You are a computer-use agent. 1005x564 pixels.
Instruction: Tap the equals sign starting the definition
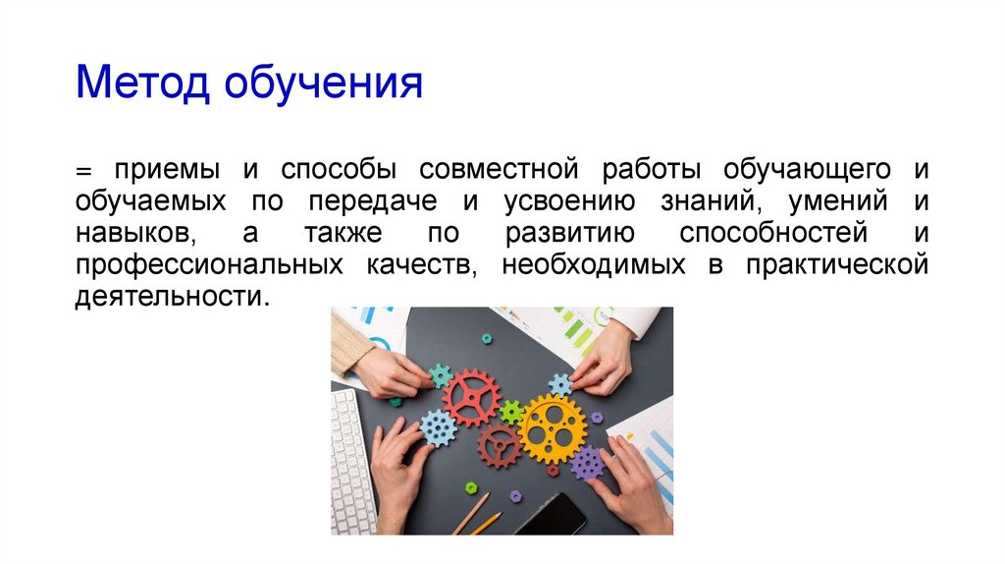point(82,170)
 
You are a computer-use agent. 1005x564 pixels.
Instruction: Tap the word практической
point(836,266)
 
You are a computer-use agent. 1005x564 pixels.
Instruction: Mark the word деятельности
point(170,298)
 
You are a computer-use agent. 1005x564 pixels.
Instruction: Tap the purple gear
point(587,463)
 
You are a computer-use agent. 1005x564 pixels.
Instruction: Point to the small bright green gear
point(511,412)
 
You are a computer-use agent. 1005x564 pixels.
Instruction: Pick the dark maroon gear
point(500,445)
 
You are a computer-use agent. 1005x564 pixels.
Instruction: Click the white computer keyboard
point(350,463)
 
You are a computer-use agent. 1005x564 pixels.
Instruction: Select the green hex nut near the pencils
point(471,487)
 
